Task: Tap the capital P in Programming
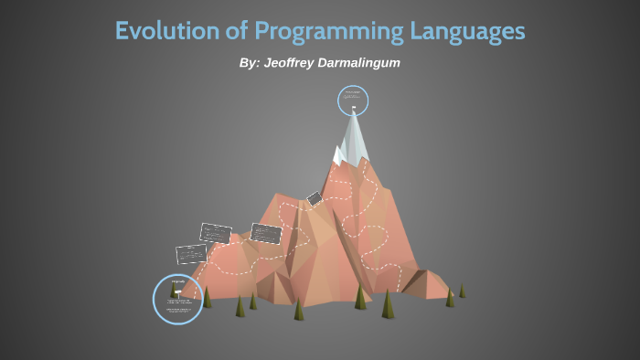pyautogui.click(x=262, y=30)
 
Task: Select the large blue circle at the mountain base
pyautogui.click(x=179, y=298)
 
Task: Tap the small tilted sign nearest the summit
pyautogui.click(x=314, y=198)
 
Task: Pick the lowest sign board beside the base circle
pyautogui.click(x=191, y=254)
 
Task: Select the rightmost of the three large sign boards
pyautogui.click(x=265, y=233)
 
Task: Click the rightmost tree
pyautogui.click(x=462, y=291)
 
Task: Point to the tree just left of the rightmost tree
pyautogui.click(x=449, y=297)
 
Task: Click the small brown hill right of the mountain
pyautogui.click(x=425, y=283)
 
